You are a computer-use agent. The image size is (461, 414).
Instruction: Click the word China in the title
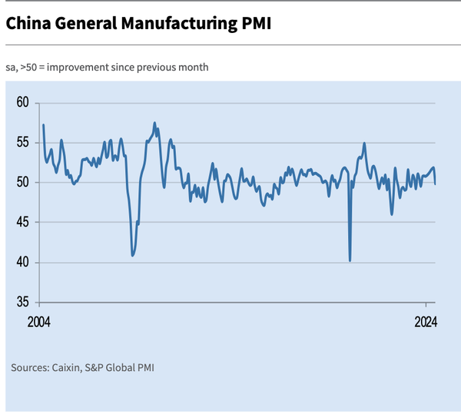[29, 24]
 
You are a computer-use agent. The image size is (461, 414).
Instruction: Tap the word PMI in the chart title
[254, 24]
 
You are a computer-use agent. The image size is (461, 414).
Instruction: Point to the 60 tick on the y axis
[22, 102]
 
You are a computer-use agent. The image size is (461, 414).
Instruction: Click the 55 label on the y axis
[22, 142]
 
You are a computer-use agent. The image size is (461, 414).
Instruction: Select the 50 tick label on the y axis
[22, 182]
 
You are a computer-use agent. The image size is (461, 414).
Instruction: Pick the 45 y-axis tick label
[22, 222]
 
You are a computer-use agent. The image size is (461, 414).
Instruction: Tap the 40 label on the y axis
[22, 262]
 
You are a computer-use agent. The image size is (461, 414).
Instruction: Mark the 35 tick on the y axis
[22, 302]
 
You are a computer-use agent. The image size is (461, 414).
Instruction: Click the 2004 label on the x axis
[38, 321]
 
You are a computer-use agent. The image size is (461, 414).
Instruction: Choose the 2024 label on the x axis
[424, 321]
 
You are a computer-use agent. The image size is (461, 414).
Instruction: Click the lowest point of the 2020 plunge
[350, 260]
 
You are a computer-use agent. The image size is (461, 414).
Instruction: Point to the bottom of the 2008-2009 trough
[133, 255]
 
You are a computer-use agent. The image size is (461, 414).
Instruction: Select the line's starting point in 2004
[43, 124]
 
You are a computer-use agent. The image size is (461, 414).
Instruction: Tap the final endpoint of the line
[436, 184]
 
